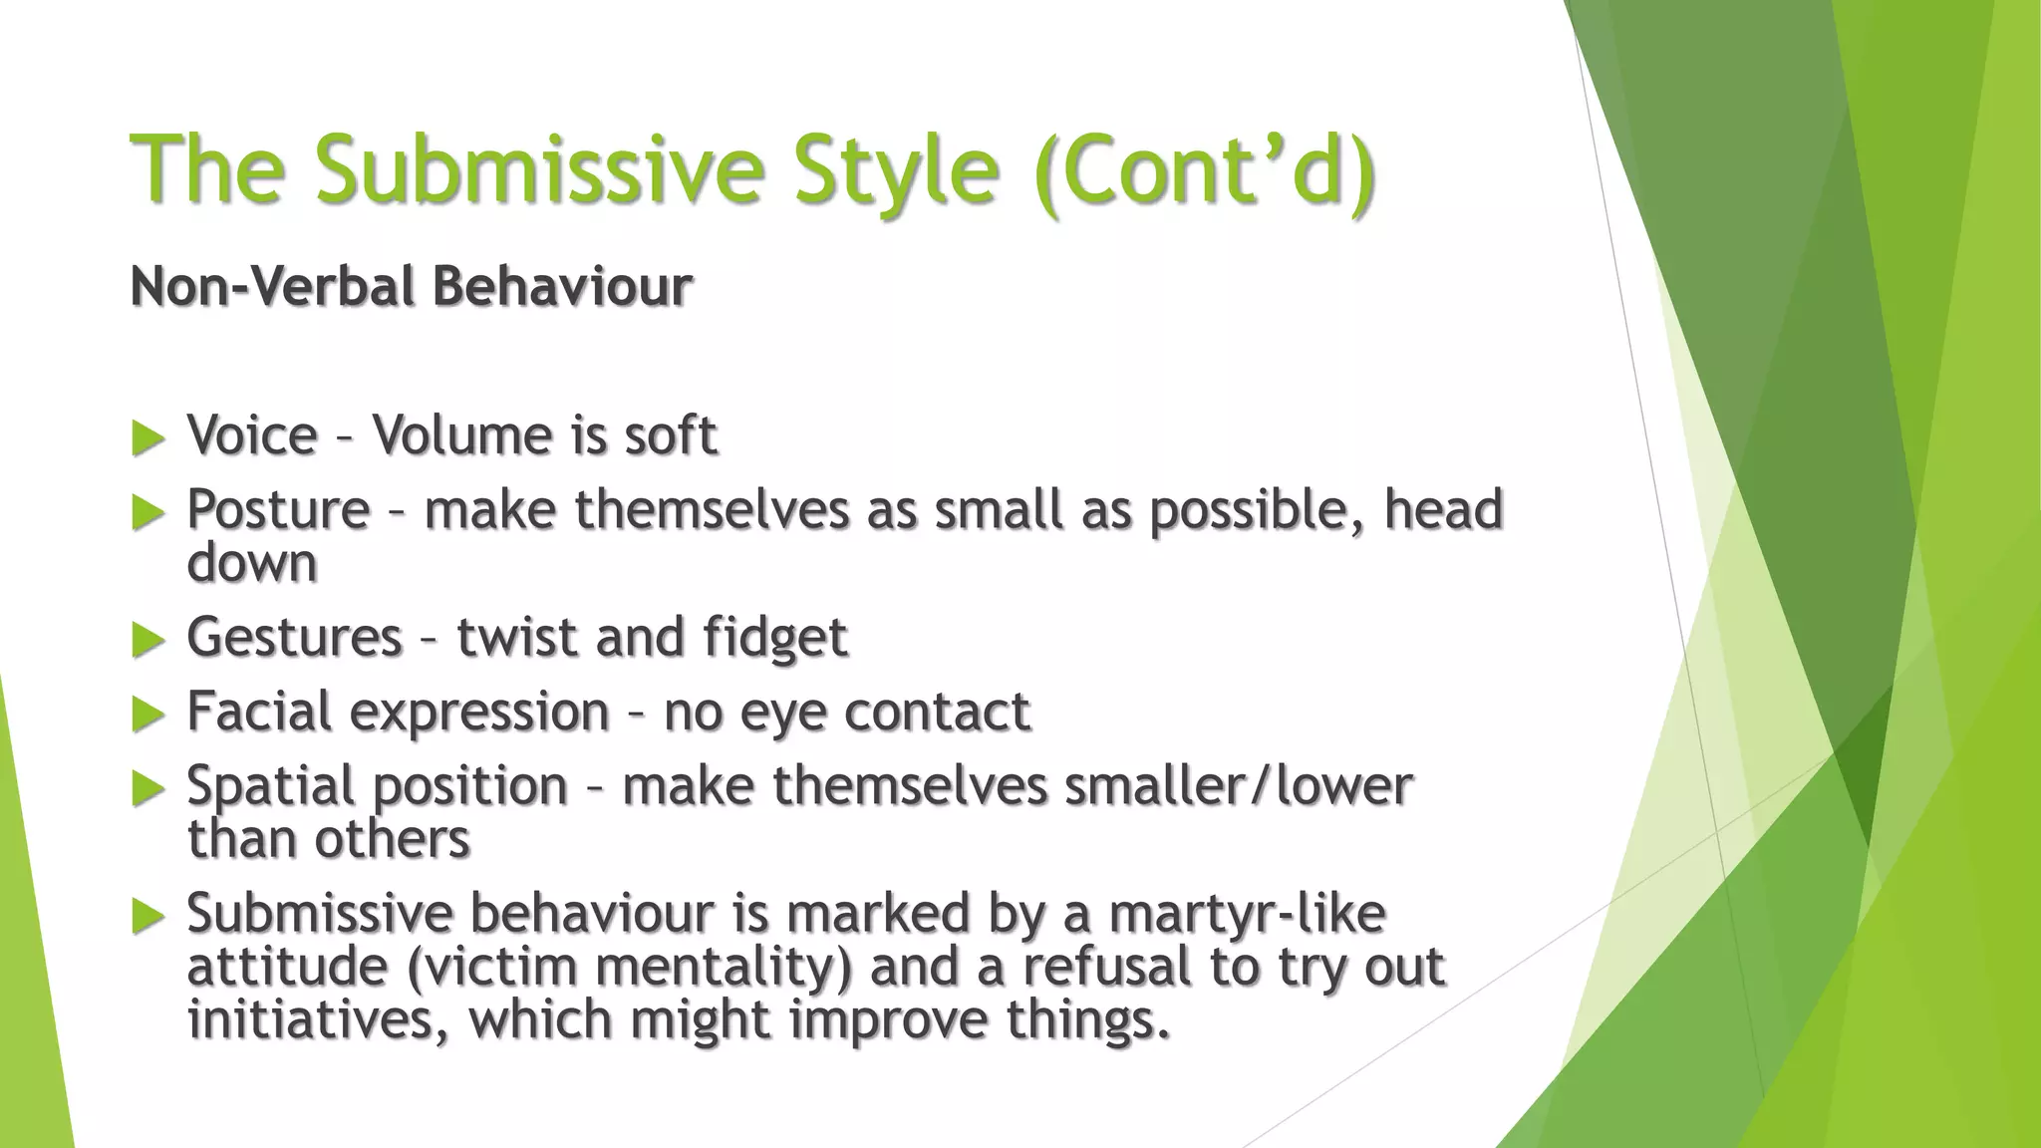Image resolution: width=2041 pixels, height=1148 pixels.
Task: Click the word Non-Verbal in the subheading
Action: point(270,287)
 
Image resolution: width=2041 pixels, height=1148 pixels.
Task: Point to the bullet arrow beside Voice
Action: point(147,438)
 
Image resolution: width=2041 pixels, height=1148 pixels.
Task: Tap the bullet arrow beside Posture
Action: point(147,513)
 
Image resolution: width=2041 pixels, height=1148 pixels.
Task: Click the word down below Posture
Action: point(252,563)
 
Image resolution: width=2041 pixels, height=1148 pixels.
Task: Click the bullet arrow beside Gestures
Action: point(147,640)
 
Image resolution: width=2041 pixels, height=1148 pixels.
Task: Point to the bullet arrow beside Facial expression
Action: point(147,715)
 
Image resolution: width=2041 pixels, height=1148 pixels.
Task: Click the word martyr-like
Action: point(1246,914)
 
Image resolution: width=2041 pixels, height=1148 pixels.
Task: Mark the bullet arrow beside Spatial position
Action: point(147,789)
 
